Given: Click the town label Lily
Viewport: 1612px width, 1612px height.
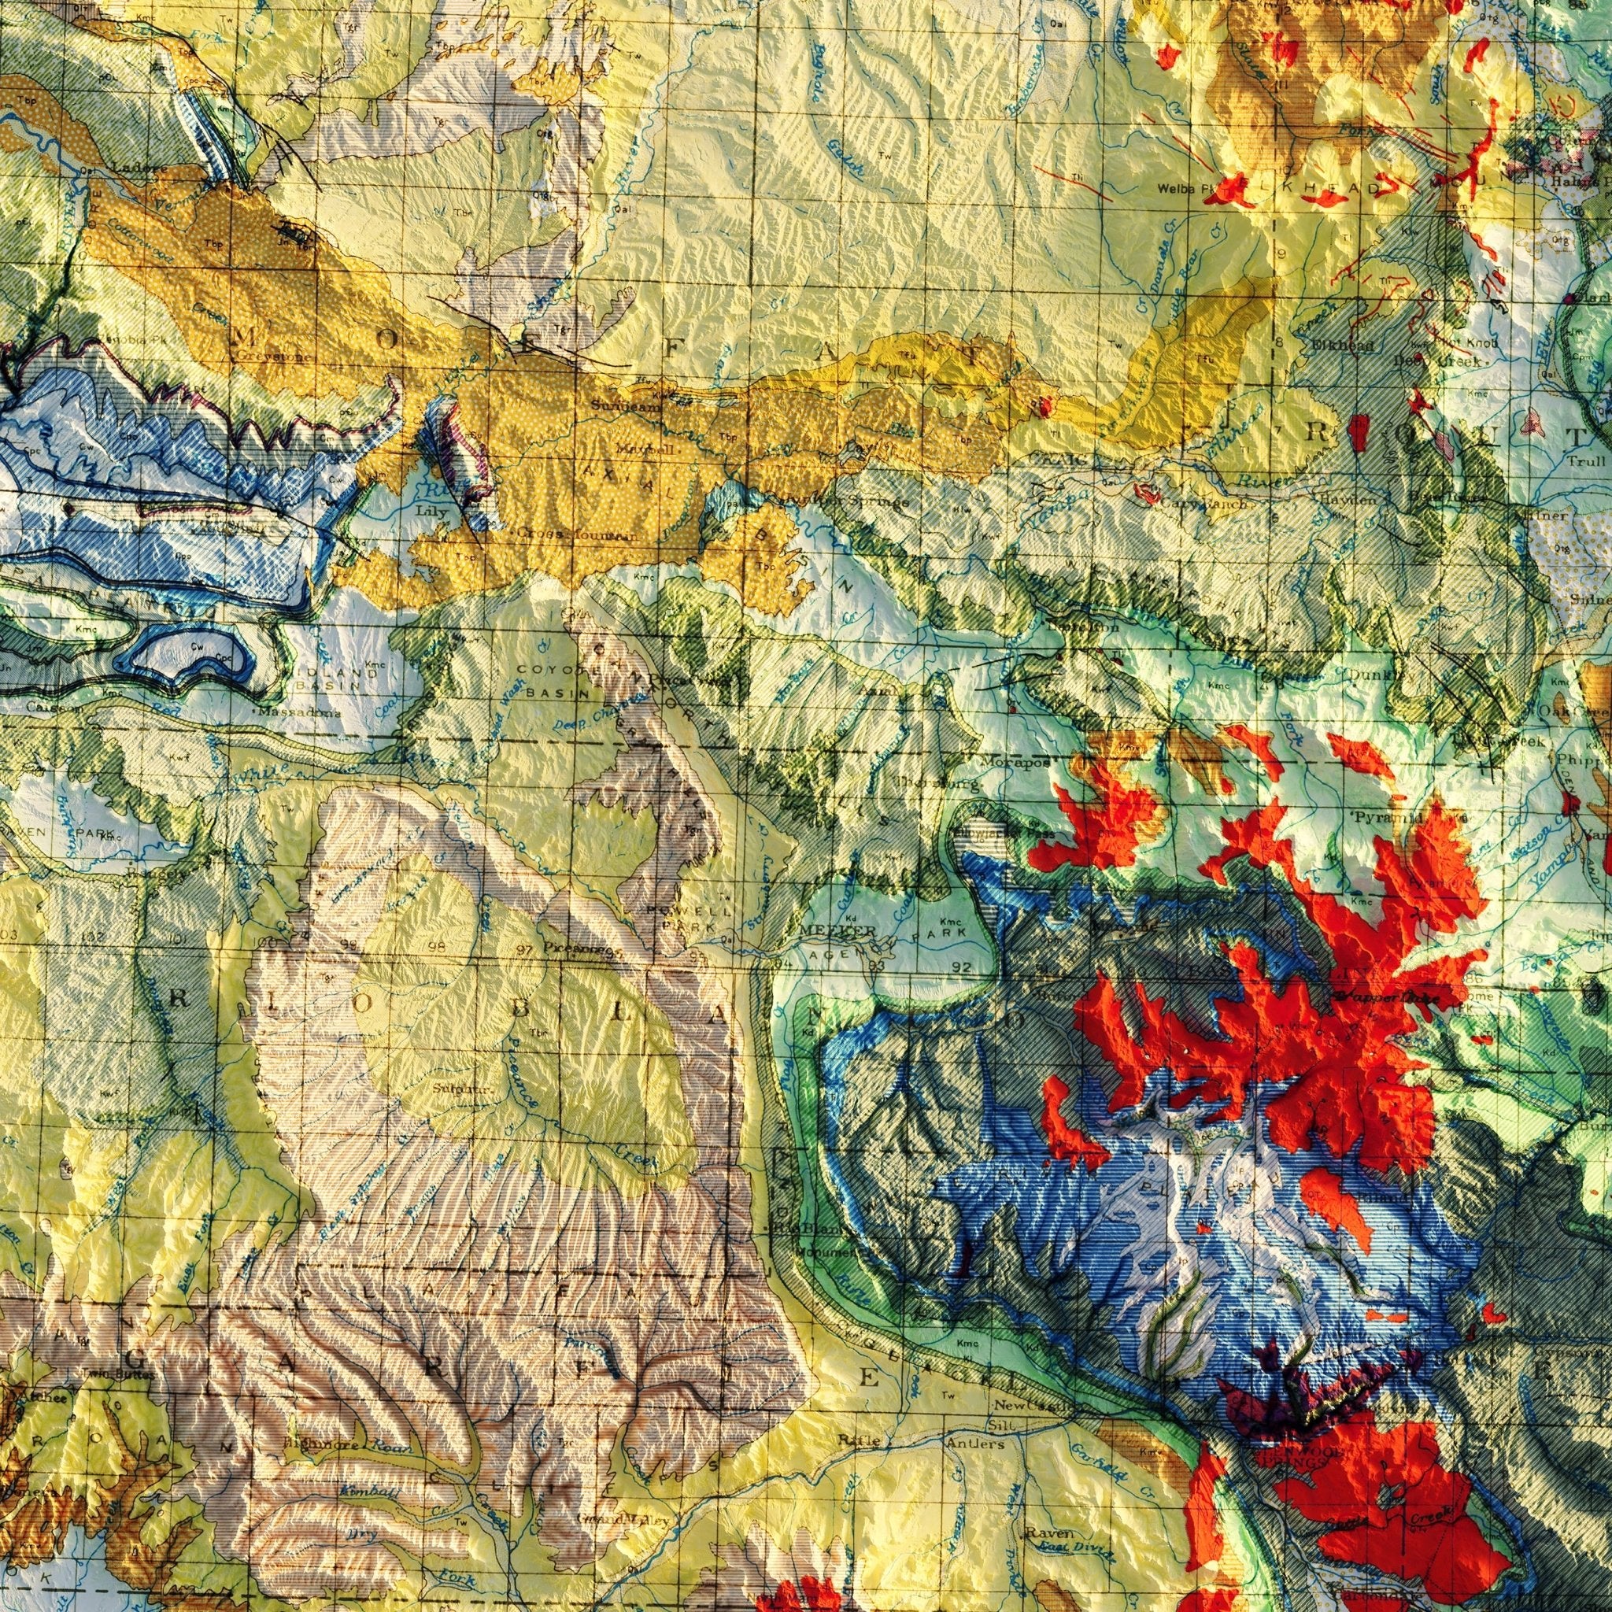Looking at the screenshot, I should point(434,511).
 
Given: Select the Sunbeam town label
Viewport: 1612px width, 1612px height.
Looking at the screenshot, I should point(614,406).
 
